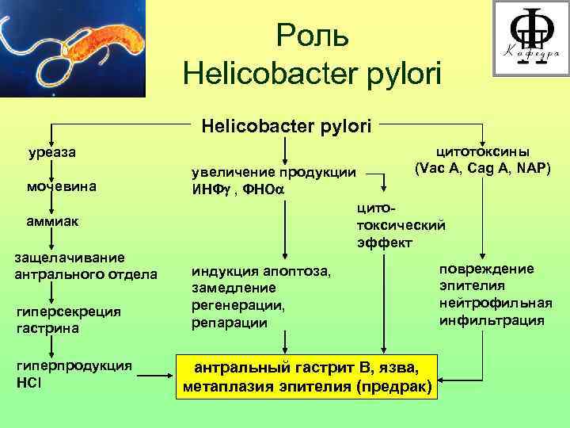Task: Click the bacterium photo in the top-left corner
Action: pyautogui.click(x=74, y=48)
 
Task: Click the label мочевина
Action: pyautogui.click(x=63, y=187)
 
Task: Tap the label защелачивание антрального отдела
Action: pyautogui.click(x=85, y=266)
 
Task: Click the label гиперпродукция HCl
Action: pyautogui.click(x=74, y=373)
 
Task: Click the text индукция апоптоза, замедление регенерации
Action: pyautogui.click(x=261, y=296)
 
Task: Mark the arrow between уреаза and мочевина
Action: pyautogui.click(x=52, y=169)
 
